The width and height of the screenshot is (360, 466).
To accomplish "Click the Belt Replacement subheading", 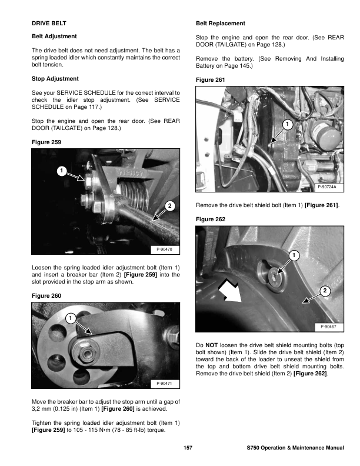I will (219, 24).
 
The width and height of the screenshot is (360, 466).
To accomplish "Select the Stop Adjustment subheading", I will (55, 78).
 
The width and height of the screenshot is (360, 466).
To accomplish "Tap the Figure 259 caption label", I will (46, 142).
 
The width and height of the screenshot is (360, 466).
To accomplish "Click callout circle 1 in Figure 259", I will (61, 171).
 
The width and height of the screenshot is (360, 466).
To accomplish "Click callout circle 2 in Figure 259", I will (169, 206).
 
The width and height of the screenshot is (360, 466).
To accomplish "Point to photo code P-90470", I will (165, 249).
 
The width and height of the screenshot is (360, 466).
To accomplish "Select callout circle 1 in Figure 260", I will (69, 318).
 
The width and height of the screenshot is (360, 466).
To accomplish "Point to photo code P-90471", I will (165, 384).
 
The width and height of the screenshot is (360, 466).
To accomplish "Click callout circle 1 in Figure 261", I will (286, 124).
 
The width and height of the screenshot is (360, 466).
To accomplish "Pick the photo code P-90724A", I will (330, 187).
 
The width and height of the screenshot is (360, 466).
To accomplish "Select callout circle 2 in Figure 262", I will (325, 291).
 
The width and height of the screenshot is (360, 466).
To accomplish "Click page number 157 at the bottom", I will (188, 448).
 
